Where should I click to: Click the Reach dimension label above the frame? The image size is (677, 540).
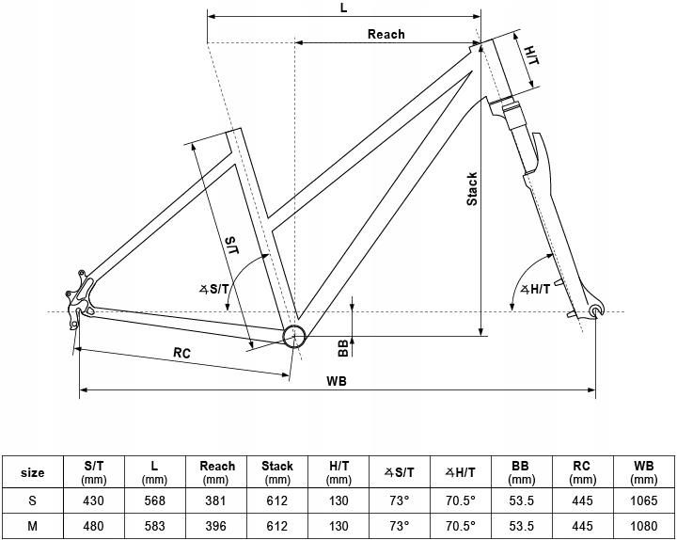(x=386, y=34)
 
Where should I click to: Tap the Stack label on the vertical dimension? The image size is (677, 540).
(x=472, y=189)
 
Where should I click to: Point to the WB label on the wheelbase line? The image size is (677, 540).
(x=337, y=381)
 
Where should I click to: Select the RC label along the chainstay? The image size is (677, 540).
(x=181, y=353)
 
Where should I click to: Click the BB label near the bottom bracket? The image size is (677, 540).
(x=343, y=348)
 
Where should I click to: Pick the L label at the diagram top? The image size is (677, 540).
(x=344, y=8)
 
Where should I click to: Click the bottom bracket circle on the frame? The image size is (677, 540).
(x=294, y=336)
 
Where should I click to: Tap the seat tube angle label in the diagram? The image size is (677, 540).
(x=214, y=289)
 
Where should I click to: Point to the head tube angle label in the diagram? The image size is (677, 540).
(x=535, y=289)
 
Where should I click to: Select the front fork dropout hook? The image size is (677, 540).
(x=597, y=310)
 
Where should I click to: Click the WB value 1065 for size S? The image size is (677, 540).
(x=643, y=500)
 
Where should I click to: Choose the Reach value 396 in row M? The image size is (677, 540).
(x=215, y=526)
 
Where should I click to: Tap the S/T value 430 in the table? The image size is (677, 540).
(x=93, y=500)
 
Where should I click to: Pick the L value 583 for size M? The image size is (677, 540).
(x=154, y=526)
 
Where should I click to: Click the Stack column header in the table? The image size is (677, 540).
(x=276, y=471)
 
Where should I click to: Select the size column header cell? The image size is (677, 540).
(x=32, y=472)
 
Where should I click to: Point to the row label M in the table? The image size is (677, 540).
(x=32, y=526)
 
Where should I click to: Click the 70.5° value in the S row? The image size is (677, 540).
(x=460, y=500)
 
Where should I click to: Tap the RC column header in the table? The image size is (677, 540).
(x=581, y=471)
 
